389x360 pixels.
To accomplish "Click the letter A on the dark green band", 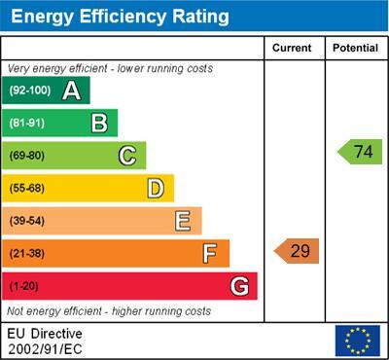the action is coord(72,90).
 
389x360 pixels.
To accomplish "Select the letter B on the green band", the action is coord(99,124).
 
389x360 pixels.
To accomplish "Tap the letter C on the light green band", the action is coord(127,156).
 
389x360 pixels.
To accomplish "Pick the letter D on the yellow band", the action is coord(156,189).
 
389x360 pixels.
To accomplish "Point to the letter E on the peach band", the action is coord(183,221).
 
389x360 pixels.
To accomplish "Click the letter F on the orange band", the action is coord(210,254).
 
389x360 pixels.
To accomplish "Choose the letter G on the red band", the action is coord(239,286).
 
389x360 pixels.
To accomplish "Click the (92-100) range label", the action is coord(30,90).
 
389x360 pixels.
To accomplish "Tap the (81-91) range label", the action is coord(27,123).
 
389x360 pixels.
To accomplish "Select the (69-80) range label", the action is coord(27,156).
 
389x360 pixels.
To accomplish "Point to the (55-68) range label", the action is coord(27,189).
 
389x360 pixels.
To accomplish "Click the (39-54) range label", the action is coord(27,221).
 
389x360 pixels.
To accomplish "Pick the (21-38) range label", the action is coord(27,254).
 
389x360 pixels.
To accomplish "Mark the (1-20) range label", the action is coord(23,286).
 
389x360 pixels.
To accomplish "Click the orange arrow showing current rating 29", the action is coord(297,251).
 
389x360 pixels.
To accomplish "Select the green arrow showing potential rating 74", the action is coord(360,152).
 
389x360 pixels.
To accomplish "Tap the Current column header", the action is coord(292,48).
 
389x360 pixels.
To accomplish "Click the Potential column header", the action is coord(355,48).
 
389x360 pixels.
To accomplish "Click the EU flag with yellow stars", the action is coord(358,341).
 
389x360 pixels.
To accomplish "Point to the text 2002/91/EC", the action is coord(45,349).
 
